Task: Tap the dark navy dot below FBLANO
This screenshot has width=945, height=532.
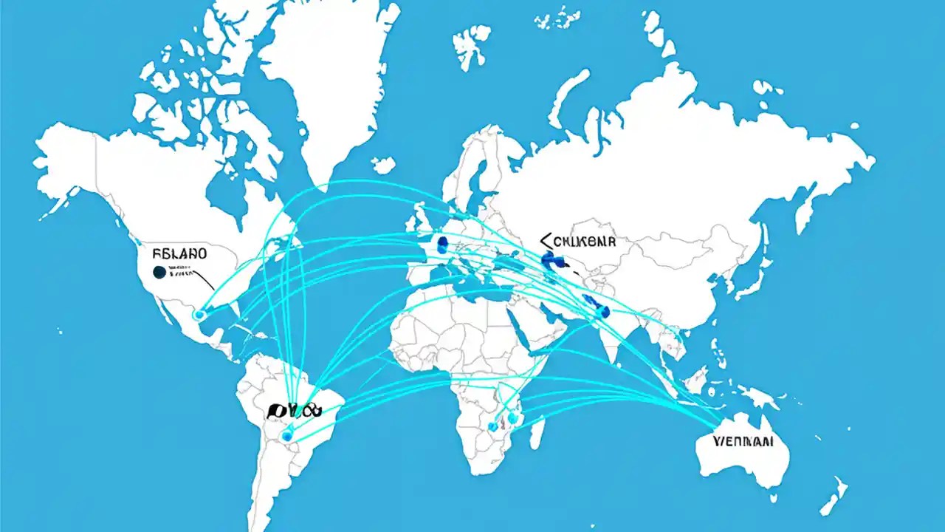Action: pyautogui.click(x=159, y=273)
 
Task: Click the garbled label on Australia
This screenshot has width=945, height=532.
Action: pyautogui.click(x=743, y=442)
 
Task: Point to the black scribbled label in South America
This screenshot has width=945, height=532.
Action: pyautogui.click(x=296, y=409)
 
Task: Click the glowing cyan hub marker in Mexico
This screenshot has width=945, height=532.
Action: pyautogui.click(x=198, y=315)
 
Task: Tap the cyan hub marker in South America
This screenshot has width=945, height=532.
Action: pyautogui.click(x=287, y=436)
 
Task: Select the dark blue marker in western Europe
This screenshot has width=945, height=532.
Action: pyautogui.click(x=443, y=245)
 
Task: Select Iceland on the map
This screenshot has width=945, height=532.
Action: pyautogui.click(x=383, y=165)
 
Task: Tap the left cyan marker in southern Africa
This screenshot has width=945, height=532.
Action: pyautogui.click(x=493, y=426)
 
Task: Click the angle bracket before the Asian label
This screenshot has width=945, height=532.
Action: pyautogui.click(x=546, y=240)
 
